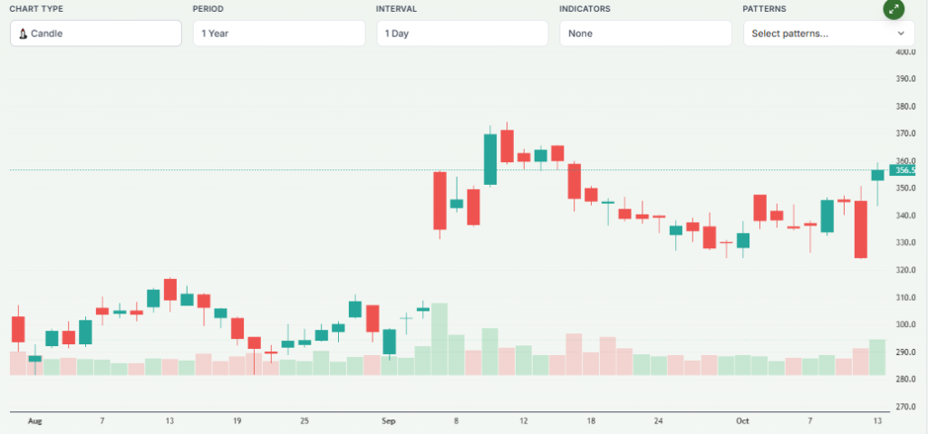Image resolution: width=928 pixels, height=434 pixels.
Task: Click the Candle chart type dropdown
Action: coord(95,34)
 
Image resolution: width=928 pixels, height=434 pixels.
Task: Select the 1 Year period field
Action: coord(278,34)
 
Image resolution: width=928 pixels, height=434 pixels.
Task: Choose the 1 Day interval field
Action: coord(462,34)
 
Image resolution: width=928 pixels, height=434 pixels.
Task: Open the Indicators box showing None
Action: coord(645,34)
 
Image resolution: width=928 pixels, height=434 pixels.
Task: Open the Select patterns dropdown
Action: coord(828,34)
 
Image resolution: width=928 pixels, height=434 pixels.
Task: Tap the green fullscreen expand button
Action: coord(894,10)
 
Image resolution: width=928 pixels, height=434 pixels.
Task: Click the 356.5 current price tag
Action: coord(904,170)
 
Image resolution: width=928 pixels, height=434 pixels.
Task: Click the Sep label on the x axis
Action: coord(389,421)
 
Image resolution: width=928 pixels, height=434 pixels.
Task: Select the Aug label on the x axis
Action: coord(35,421)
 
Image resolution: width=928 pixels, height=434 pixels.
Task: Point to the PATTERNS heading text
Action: coord(764,8)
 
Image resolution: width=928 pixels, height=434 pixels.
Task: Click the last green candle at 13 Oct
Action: coord(877,175)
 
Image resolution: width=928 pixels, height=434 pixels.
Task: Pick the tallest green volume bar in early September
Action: coord(440,339)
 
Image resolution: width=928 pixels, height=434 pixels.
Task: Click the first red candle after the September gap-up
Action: coord(440,200)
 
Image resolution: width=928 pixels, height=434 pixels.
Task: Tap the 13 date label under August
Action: coord(169,421)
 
